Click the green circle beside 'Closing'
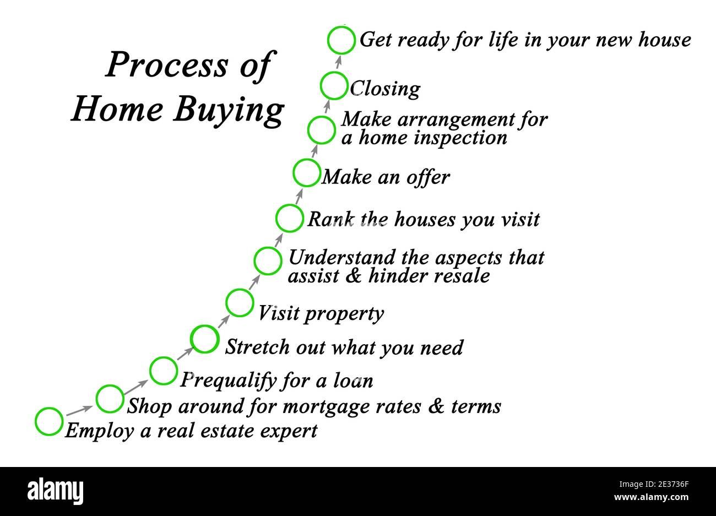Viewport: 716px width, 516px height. pos(334,86)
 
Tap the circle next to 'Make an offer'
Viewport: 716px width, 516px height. pos(306,172)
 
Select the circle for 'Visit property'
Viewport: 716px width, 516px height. pos(240,303)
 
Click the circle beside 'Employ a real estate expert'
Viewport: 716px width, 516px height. pos(49,422)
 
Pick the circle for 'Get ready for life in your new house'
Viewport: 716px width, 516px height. pos(341,40)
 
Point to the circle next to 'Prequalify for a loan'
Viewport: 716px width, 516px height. pos(164,371)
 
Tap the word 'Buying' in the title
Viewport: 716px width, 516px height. pos(228,110)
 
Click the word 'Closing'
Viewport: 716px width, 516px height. pos(385,89)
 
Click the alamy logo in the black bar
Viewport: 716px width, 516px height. pos(55,491)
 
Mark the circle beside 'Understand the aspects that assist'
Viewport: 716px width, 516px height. pos(268,261)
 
